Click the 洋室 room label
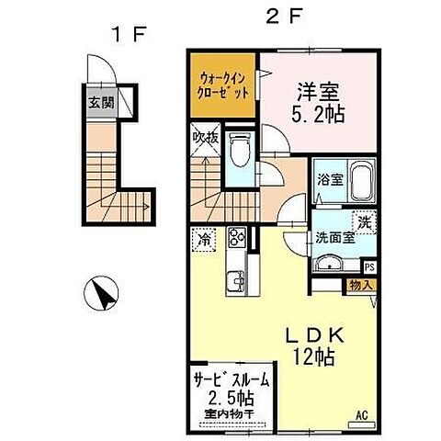click(317, 91)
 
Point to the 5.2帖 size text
click(317, 117)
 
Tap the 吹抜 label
click(204, 139)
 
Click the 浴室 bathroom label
click(329, 180)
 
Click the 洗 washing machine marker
click(365, 221)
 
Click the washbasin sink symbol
click(327, 263)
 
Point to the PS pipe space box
click(369, 266)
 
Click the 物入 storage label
click(361, 286)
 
